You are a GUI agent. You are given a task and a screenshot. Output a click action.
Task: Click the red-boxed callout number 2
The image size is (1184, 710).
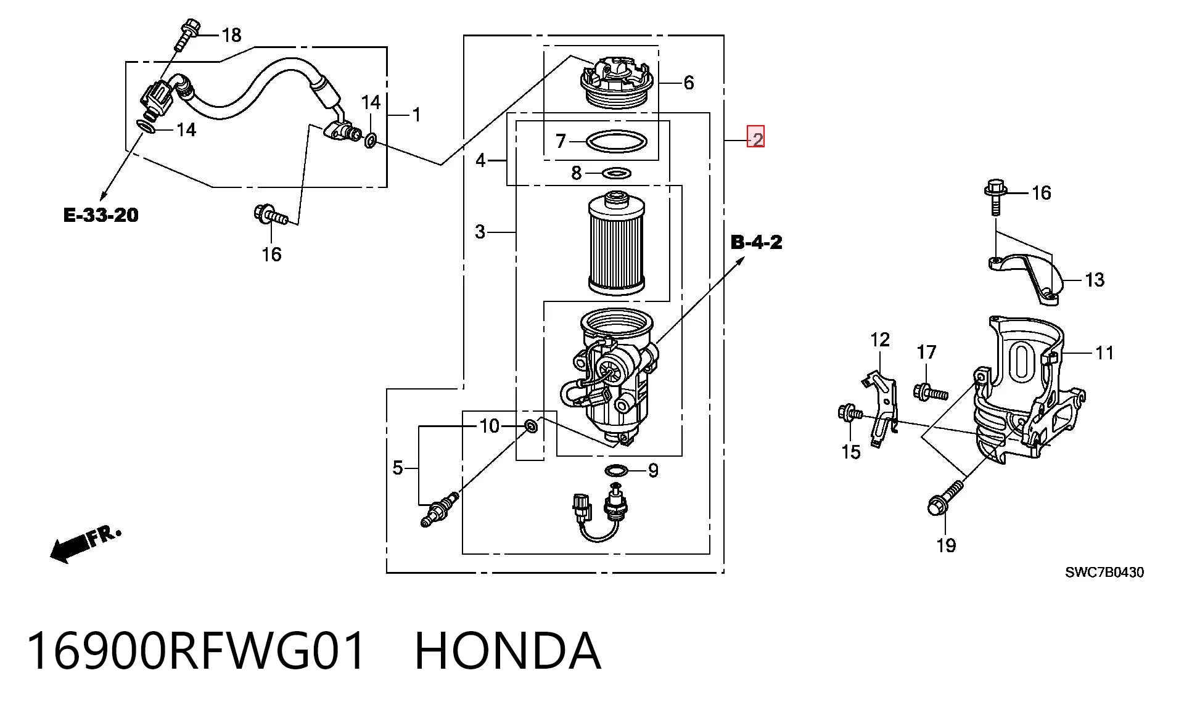coord(756,137)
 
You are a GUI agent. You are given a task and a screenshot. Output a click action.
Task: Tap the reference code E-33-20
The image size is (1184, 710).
coord(101,215)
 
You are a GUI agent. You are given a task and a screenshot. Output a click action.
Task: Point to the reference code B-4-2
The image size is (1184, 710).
coord(756,242)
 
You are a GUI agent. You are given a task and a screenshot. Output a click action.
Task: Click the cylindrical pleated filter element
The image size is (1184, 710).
coord(617,243)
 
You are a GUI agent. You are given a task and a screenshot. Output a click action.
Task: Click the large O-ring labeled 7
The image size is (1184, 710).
coord(617,142)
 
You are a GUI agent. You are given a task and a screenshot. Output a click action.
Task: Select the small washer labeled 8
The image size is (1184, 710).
coord(616,172)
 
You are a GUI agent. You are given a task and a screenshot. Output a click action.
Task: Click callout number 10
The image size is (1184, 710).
coord(489,426)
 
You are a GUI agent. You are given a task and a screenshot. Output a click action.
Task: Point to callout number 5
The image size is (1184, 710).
coord(398,468)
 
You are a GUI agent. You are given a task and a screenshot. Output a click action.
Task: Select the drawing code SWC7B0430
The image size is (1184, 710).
coord(1104,572)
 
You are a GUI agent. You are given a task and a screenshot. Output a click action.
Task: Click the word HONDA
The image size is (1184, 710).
coord(507,651)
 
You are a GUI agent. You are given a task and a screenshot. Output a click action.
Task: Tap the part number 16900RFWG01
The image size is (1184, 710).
coord(197,651)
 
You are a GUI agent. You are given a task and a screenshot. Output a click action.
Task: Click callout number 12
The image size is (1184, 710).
coord(880,340)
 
